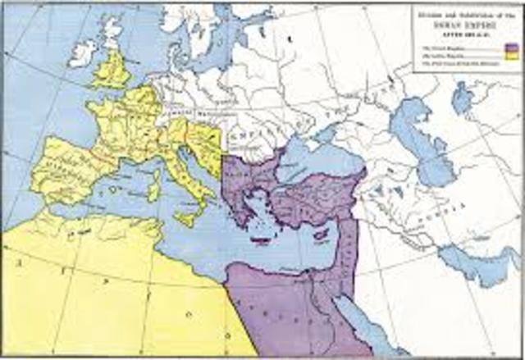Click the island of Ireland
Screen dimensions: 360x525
(x=83, y=52)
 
